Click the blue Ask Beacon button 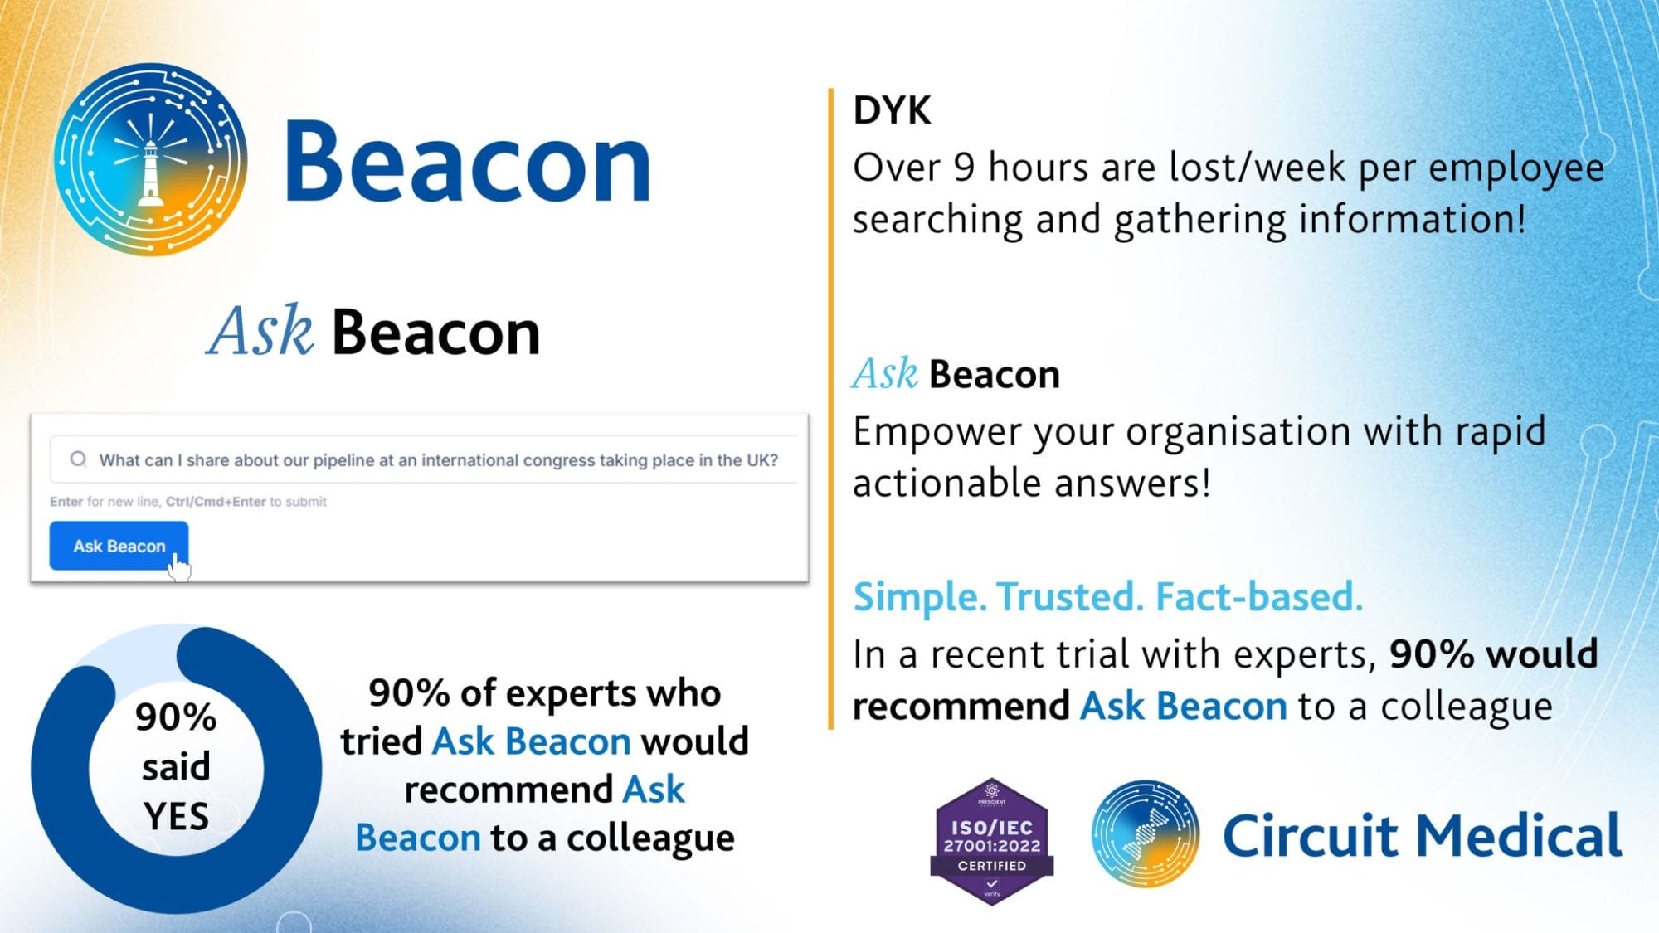coord(119,546)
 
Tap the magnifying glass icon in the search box coord(78,459)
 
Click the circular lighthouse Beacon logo coord(151,159)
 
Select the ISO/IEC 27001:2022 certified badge coord(992,841)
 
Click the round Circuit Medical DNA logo coord(1145,833)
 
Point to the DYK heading coord(892,110)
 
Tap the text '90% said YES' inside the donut coord(176,766)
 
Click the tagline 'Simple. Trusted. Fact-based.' coord(1108,596)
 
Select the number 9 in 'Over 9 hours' coord(963,168)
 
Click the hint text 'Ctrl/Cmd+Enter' coord(216,502)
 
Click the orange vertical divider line coord(830,408)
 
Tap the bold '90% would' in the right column coord(1494,654)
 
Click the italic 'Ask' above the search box coord(260,331)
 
